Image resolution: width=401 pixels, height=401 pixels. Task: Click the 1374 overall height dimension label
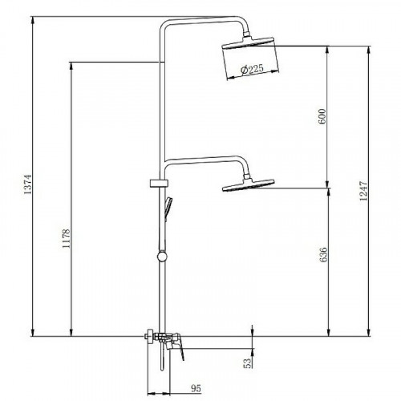point(28,184)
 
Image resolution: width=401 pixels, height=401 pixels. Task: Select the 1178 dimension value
point(66,238)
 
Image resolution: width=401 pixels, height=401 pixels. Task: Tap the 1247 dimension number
point(363,191)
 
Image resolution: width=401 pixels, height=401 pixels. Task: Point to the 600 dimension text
point(322,116)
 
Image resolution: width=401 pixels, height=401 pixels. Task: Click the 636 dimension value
point(323,254)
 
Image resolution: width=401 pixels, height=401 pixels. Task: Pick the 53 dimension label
point(248,363)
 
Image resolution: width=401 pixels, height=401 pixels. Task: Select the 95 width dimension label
point(196,388)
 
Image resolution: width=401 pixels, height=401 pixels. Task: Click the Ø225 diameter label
point(252,69)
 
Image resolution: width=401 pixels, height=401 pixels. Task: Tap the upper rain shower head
point(248,43)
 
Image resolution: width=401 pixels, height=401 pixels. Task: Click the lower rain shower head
point(249,185)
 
